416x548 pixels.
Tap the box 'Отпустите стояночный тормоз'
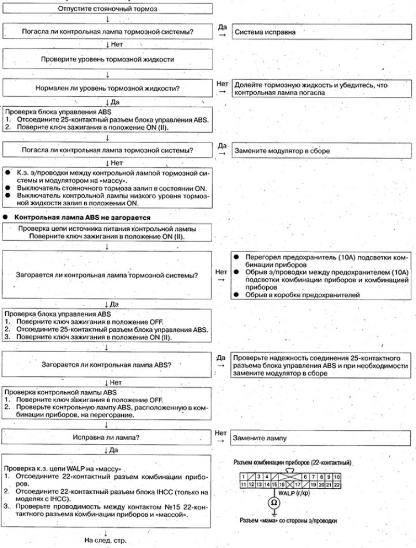coord(107,9)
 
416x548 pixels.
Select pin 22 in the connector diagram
coord(337,484)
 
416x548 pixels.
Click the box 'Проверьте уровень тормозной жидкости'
coord(107,59)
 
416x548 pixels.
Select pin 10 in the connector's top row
coord(337,476)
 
